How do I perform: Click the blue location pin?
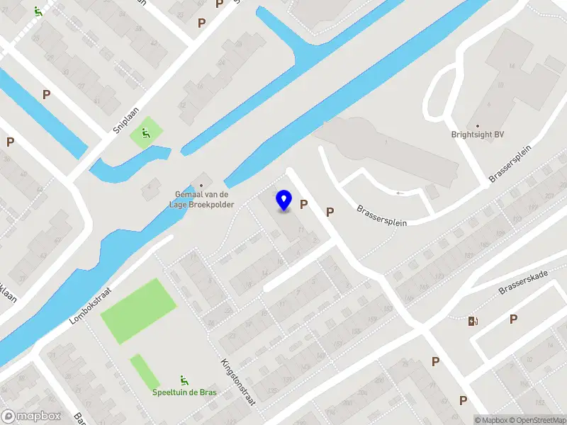[x=284, y=200]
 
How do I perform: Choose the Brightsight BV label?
[x=478, y=135]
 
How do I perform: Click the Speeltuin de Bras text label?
[x=184, y=392]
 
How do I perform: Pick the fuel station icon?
[x=473, y=321]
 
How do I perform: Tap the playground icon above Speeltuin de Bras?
[x=184, y=380]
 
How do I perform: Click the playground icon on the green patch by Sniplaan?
[x=146, y=132]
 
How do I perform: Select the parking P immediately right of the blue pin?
[x=304, y=205]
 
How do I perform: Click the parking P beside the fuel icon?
[x=513, y=319]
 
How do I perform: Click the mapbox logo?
[x=30, y=416]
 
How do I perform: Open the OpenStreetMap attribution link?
[x=537, y=420]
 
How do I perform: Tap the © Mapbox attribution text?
[x=491, y=420]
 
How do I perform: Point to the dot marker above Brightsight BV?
[x=478, y=125]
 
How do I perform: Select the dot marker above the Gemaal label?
[x=201, y=186]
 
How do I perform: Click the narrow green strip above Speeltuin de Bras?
[x=145, y=371]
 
